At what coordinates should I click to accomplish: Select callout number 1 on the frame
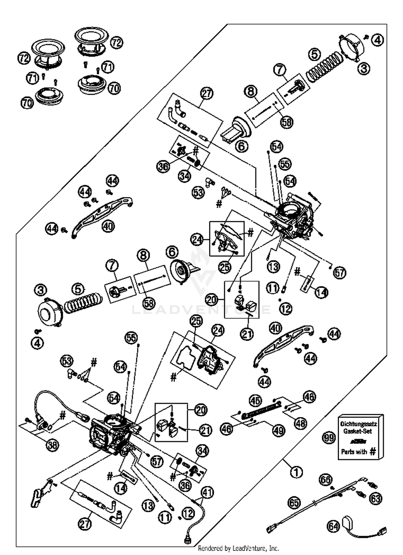point(296,472)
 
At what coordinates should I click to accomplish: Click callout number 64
point(333,526)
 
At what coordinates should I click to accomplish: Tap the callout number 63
point(376,499)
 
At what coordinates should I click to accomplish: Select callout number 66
point(326,480)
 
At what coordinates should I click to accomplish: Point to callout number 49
point(278,431)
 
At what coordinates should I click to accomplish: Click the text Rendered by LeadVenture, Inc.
point(238,548)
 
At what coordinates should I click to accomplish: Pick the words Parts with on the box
point(354,452)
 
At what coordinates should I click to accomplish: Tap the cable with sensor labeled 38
point(54,403)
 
